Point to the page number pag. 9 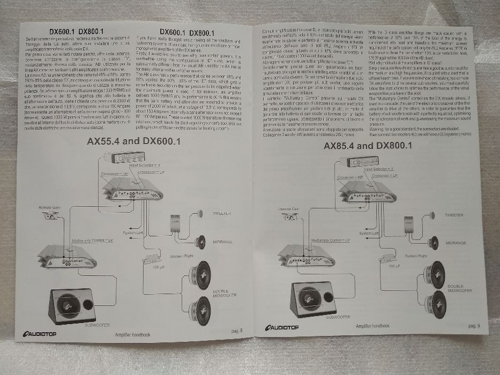(x=473, y=325)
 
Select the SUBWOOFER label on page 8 (x=99, y=325)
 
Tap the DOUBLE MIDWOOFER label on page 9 (x=459, y=289)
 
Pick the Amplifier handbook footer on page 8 (x=133, y=334)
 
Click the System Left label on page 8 (x=133, y=234)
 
